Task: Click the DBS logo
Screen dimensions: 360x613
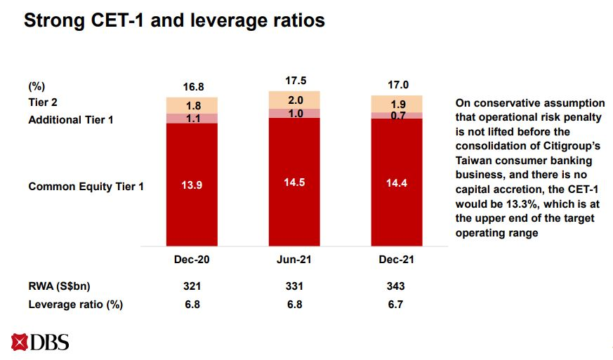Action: [x=40, y=343]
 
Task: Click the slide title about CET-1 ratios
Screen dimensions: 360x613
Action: [x=174, y=21]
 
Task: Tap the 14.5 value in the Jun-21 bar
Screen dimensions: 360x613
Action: [x=294, y=181]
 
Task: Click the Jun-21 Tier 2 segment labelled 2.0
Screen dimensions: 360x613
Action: [x=294, y=100]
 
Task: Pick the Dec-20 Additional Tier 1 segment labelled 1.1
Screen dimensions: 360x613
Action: [x=192, y=119]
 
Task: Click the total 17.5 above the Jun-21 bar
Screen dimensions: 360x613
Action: [x=294, y=80]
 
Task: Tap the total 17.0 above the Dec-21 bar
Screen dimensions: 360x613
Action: [x=397, y=85]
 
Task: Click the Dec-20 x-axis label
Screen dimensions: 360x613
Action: [x=192, y=259]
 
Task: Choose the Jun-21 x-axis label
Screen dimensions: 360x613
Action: [x=294, y=259]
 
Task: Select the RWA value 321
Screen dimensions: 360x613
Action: [x=192, y=286]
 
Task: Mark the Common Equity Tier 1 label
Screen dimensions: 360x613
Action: [x=86, y=187]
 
